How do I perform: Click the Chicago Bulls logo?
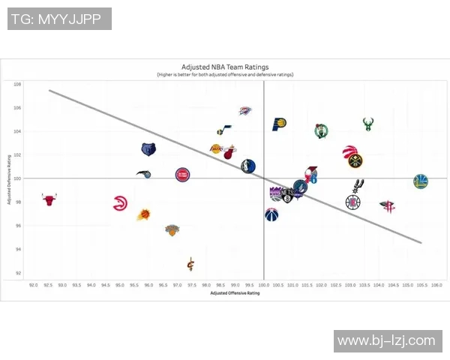click(49, 199)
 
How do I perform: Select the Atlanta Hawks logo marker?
click(119, 202)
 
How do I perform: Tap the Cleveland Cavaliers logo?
click(190, 263)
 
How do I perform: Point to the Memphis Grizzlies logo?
click(148, 149)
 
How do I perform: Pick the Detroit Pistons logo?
click(181, 175)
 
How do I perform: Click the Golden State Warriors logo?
click(421, 181)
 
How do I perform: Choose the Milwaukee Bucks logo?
click(368, 124)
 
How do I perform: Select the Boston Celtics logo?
click(322, 131)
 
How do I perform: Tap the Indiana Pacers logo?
click(279, 124)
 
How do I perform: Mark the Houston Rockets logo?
click(388, 206)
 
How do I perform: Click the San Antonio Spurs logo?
click(358, 185)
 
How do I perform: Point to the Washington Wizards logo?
click(271, 215)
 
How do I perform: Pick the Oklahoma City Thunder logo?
click(244, 111)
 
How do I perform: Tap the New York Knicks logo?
click(172, 230)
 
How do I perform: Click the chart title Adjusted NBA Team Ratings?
click(225, 67)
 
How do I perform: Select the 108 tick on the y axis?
click(17, 84)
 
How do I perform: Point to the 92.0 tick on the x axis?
click(33, 285)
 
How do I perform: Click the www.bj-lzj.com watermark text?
click(386, 341)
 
